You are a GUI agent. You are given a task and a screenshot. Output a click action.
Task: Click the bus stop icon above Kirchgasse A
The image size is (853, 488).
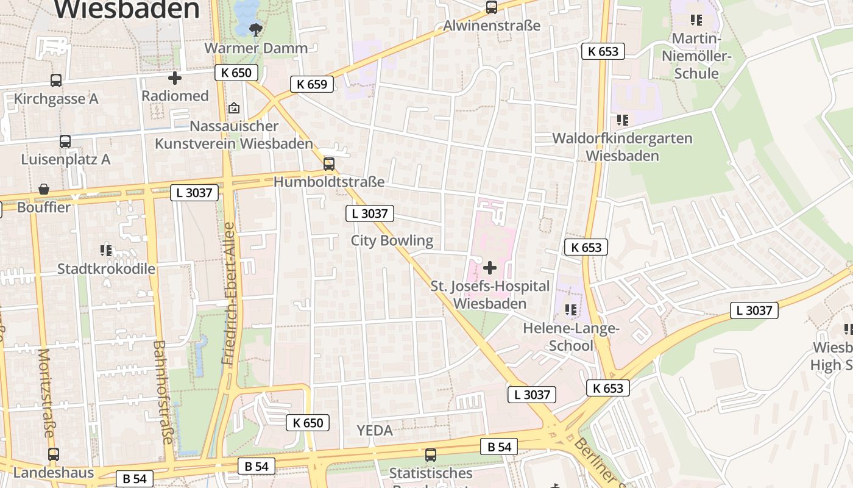55,80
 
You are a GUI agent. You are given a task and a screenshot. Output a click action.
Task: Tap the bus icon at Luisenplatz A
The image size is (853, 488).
65,141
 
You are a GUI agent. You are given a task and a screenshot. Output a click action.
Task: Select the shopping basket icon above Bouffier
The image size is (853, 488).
44,189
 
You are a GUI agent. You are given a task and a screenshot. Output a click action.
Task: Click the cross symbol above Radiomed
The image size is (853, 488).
175,77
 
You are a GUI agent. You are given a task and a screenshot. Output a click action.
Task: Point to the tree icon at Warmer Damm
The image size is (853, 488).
257,29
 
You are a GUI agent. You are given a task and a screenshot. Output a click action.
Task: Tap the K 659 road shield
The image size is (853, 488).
312,84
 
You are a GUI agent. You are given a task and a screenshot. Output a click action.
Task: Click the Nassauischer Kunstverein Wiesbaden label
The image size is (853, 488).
234,135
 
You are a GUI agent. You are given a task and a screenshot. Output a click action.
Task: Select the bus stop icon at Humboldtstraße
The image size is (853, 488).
329,163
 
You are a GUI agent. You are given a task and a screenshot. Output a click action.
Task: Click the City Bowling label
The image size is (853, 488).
392,240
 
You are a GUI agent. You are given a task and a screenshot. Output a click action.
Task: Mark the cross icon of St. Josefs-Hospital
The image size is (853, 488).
490,268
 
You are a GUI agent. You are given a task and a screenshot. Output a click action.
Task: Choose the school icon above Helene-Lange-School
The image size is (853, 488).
571,310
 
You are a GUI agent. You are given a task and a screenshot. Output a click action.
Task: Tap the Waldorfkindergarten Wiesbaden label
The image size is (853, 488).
622,147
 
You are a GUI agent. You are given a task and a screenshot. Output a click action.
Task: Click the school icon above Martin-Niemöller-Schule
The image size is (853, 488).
696,20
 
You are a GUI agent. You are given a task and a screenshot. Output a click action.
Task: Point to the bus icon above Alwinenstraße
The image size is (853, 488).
491,7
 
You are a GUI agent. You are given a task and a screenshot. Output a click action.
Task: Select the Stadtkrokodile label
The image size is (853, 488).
106,268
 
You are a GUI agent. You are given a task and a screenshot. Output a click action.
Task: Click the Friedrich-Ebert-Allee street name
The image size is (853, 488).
228,294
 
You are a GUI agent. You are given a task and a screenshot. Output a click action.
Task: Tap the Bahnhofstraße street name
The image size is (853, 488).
163,392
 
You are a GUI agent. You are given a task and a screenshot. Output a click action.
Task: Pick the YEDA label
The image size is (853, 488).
375,430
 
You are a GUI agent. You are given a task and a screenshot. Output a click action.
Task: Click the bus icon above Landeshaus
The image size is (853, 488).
54,454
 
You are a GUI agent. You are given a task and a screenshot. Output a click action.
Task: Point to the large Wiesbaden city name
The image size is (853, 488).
127,9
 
